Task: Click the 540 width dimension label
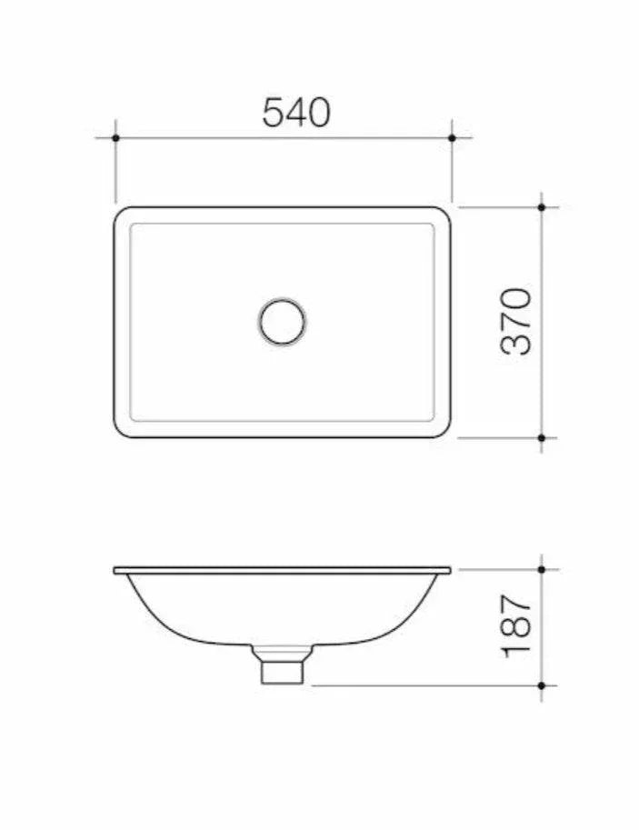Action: coord(296,112)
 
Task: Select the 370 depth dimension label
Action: coord(515,320)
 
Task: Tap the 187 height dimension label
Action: coord(515,626)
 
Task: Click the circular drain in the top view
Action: coord(282,321)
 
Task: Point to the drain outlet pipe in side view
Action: coord(282,671)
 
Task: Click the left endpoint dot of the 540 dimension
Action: coord(115,138)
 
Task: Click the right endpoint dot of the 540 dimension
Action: coord(452,138)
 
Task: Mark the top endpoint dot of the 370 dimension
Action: coord(542,207)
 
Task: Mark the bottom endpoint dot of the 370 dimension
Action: coord(542,437)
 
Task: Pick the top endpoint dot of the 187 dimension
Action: coord(542,569)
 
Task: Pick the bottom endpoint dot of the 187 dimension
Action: coord(542,685)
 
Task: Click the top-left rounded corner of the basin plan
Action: coord(122,214)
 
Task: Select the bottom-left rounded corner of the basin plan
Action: coord(122,430)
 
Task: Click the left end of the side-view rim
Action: coord(116,571)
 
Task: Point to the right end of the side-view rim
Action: coord(449,571)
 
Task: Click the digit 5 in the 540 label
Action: coord(275,112)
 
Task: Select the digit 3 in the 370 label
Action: coord(515,342)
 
